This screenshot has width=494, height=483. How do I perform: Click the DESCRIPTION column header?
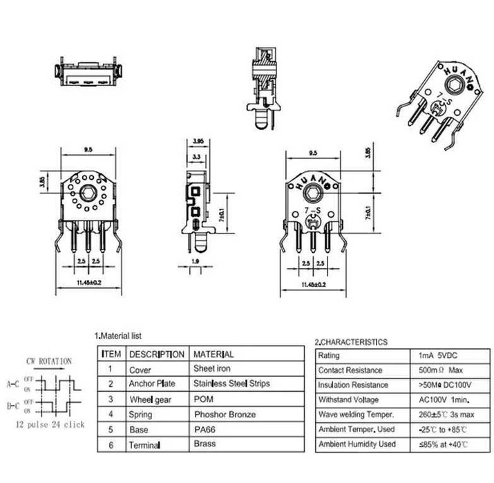click(157, 354)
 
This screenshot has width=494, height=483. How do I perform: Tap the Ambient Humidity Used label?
click(357, 444)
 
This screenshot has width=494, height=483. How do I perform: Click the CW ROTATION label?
click(49, 361)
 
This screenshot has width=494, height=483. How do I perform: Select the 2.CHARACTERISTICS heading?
click(351, 341)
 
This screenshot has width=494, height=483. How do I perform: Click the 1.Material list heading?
click(118, 335)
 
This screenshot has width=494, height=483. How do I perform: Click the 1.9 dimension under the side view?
click(195, 261)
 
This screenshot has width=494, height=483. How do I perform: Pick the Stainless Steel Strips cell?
click(231, 383)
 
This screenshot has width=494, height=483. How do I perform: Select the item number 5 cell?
click(111, 430)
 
